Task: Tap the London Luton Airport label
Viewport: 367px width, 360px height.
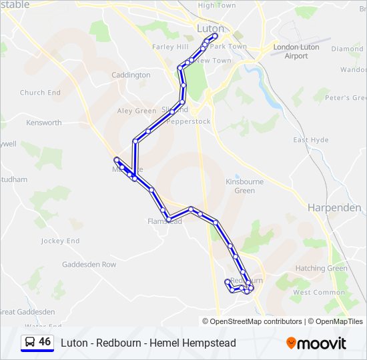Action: [296, 51]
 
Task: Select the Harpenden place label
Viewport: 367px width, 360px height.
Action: [334, 207]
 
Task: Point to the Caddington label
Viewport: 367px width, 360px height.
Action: [131, 75]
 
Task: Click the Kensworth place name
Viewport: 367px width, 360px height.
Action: [44, 123]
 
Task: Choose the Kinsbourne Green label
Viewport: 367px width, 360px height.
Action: [245, 186]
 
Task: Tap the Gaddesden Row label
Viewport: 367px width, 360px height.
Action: [89, 265]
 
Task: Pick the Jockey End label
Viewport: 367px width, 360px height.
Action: [60, 241]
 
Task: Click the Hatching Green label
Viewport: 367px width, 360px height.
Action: [322, 268]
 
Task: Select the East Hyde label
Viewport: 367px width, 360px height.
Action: [311, 140]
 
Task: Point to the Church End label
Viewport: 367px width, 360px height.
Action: [40, 93]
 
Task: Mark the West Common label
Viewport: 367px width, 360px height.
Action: [319, 292]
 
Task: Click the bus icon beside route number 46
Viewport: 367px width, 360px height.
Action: [30, 342]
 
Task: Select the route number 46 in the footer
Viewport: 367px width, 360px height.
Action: [45, 342]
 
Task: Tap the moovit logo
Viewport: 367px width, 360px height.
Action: [316, 343]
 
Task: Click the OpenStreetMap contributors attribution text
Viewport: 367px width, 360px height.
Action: [253, 321]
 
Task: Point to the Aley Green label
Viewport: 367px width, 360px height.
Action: [136, 111]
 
